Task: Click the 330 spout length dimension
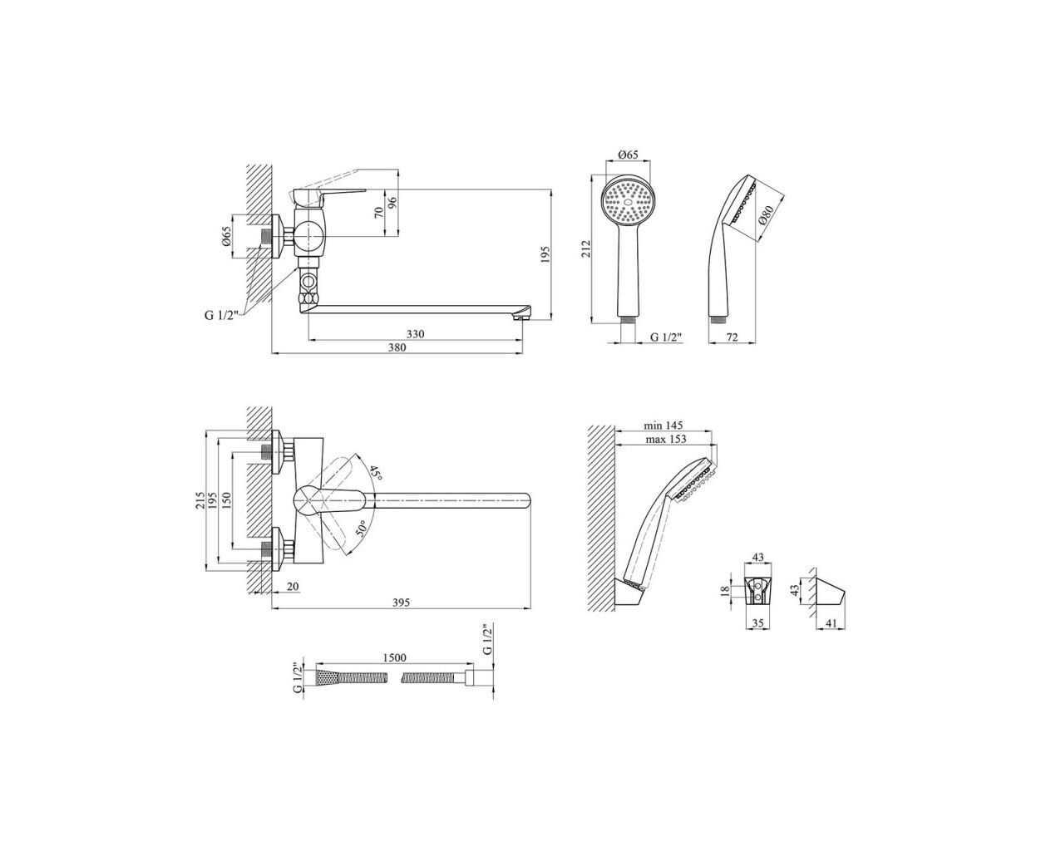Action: (415, 334)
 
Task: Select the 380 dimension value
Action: (397, 347)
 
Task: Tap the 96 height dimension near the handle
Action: (392, 203)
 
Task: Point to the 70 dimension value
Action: (379, 213)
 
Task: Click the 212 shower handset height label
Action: (586, 248)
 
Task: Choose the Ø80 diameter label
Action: (766, 215)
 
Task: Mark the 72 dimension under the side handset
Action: (733, 337)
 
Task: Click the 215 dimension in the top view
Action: (200, 500)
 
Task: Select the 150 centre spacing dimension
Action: (225, 500)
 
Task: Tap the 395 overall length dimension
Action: (401, 603)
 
